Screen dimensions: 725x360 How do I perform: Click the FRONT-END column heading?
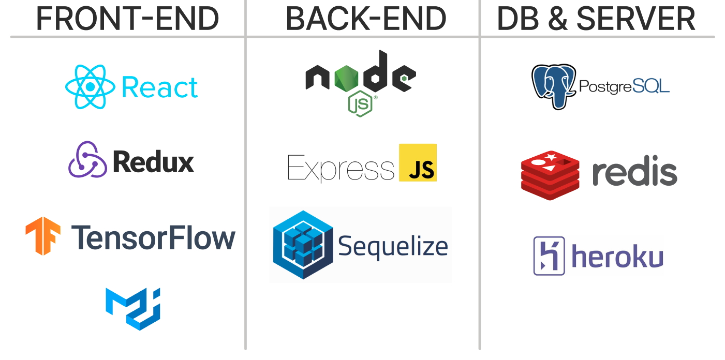click(x=127, y=19)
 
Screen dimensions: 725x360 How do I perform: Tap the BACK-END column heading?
click(x=366, y=19)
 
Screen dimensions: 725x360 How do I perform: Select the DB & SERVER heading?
click(x=596, y=19)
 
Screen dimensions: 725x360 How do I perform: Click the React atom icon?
click(x=90, y=87)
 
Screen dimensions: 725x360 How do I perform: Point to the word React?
click(x=159, y=87)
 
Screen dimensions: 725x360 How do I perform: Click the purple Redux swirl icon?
click(x=87, y=159)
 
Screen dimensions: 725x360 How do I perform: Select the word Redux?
click(x=153, y=162)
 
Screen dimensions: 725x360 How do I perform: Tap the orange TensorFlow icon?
click(x=43, y=236)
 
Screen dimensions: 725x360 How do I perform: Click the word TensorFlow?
click(x=153, y=238)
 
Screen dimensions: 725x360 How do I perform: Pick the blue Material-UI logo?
click(x=133, y=309)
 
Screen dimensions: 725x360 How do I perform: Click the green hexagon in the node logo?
click(x=346, y=78)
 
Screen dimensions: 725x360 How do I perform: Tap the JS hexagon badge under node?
click(x=360, y=104)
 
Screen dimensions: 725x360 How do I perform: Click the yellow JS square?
click(x=418, y=162)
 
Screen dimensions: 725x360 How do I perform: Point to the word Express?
click(x=341, y=168)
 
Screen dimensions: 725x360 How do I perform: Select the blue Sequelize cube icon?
click(x=303, y=245)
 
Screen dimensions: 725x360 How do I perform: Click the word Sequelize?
click(x=393, y=247)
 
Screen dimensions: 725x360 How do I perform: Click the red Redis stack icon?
click(x=550, y=175)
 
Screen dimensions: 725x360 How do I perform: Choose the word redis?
click(x=635, y=171)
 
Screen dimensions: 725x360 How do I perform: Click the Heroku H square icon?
click(x=549, y=256)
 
